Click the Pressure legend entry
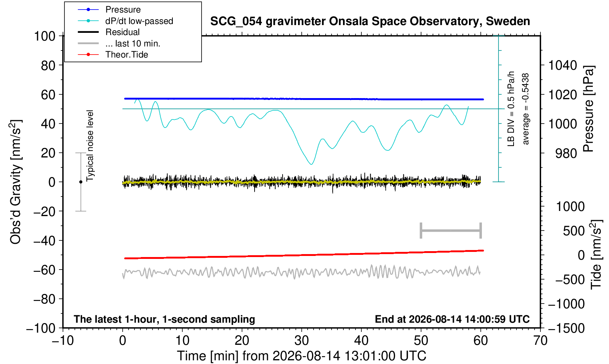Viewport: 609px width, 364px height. click(109, 10)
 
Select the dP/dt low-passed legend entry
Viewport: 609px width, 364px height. click(125, 21)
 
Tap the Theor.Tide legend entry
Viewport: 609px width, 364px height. click(113, 55)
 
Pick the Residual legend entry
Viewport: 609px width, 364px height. click(109, 32)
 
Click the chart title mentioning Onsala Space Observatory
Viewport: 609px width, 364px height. click(370, 21)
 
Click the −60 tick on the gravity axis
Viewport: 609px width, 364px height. click(45, 270)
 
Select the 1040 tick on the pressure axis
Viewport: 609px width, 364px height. click(562, 66)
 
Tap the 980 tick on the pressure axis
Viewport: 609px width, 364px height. click(566, 153)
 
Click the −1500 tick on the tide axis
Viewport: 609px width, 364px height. click(566, 328)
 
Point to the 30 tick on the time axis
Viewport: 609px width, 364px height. click(301, 341)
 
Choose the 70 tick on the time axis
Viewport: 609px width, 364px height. click(540, 341)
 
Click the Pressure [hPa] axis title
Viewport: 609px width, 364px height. click(589, 109)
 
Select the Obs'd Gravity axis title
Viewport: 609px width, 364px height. click(15, 182)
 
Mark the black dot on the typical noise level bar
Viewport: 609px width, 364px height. click(81, 182)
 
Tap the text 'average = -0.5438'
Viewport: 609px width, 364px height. click(525, 109)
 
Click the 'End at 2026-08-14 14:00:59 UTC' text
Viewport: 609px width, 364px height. click(452, 319)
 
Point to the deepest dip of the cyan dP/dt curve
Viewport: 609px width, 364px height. click(311, 164)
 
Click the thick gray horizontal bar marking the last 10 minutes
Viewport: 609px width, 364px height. click(451, 230)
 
